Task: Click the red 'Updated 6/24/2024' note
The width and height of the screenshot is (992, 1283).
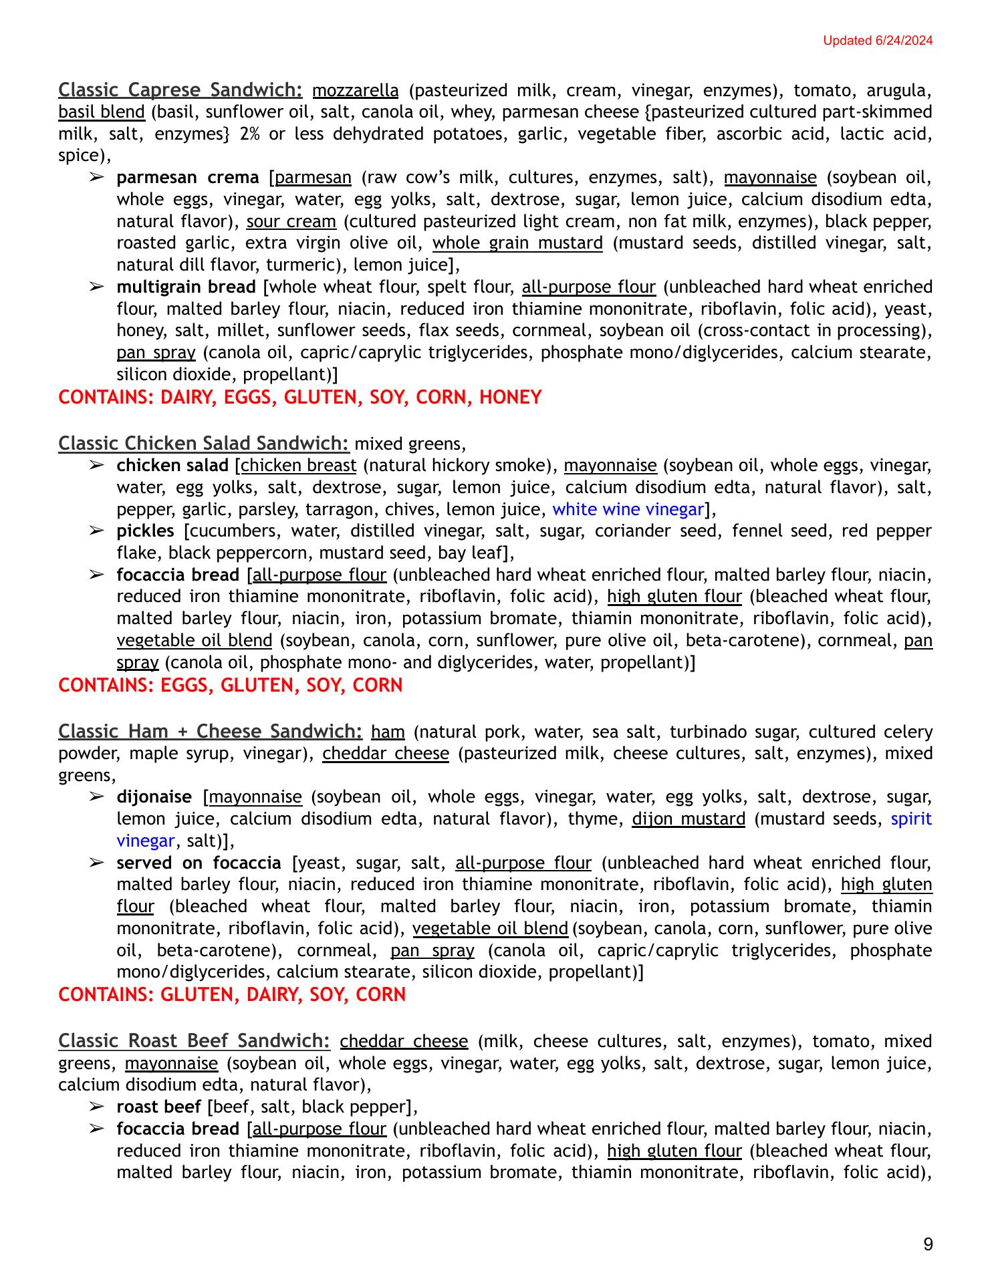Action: point(877,41)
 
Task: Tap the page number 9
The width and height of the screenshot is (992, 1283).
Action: point(928,1244)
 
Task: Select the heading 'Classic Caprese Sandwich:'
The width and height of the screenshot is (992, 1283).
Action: point(180,90)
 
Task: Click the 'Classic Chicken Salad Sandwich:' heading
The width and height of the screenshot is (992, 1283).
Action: point(204,443)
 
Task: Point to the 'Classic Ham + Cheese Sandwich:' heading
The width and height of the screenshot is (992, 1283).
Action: point(210,731)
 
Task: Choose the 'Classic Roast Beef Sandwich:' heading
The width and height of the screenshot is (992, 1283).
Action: point(194,1040)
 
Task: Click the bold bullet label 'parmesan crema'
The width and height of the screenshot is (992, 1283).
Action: point(188,177)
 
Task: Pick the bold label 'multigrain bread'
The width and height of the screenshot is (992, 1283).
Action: point(186,287)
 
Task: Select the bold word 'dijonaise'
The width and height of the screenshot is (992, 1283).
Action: point(154,797)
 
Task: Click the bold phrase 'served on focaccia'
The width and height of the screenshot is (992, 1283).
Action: point(199,863)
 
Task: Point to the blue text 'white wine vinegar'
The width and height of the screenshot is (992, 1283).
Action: point(628,509)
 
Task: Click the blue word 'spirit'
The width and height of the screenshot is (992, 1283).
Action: point(911,819)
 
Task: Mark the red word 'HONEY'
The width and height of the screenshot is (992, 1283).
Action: point(510,398)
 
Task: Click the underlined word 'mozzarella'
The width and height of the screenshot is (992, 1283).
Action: point(355,90)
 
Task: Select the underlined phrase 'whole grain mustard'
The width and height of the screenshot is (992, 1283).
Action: point(517,243)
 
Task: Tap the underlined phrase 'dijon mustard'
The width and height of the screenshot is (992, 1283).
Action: point(689,819)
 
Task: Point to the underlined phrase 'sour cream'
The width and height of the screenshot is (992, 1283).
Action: point(291,221)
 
